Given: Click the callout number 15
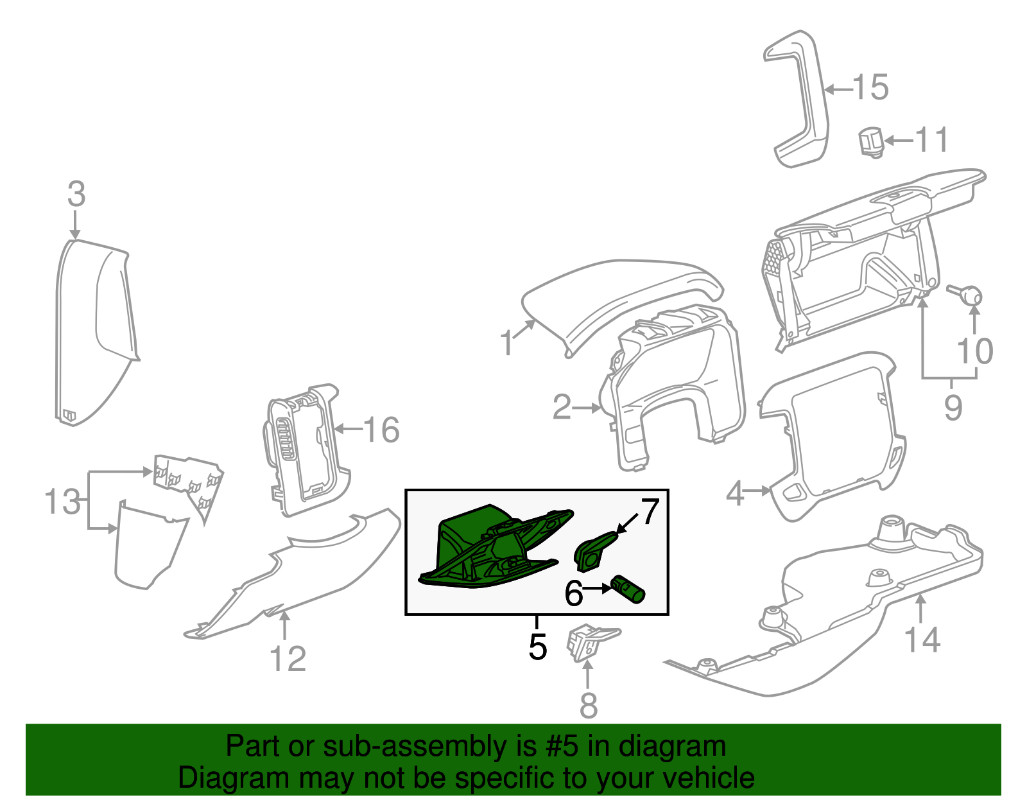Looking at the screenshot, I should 871,87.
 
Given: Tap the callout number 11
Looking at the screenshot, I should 931,140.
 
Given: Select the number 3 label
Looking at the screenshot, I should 76,194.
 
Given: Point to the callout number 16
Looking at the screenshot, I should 381,430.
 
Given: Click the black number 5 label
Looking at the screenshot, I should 538,647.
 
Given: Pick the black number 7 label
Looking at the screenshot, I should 650,512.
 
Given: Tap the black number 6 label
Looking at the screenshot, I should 573,593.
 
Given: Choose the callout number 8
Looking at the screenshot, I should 588,706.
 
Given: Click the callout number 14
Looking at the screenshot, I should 922,640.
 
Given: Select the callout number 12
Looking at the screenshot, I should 288,659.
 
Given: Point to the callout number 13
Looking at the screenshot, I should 63,501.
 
